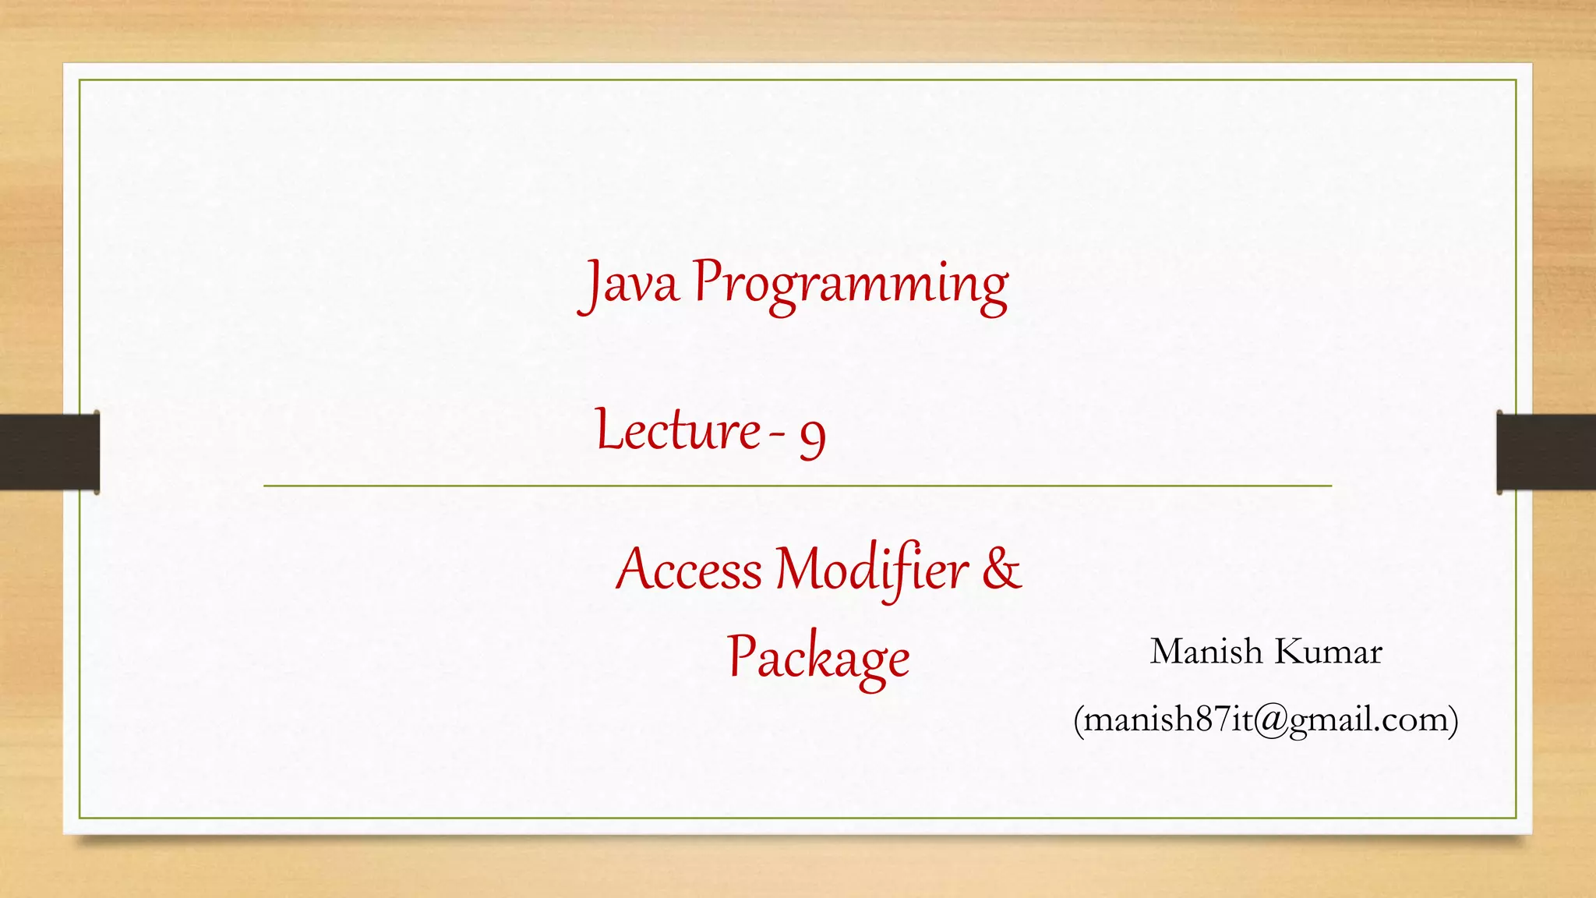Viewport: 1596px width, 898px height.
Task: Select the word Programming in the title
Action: [x=850, y=285]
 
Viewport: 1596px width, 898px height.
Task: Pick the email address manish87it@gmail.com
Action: [x=1266, y=719]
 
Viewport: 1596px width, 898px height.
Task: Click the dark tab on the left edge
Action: [x=49, y=452]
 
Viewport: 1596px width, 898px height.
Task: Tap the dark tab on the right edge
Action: [x=1546, y=452]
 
